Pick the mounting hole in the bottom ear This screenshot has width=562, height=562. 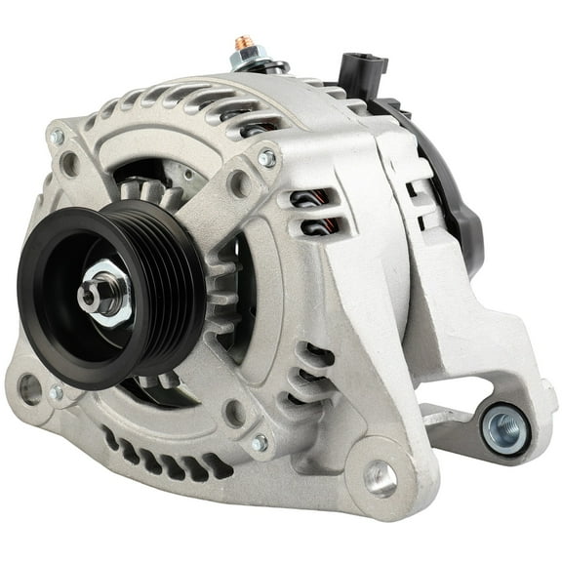380,478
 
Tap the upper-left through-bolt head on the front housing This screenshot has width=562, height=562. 58,138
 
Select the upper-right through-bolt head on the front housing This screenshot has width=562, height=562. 264,157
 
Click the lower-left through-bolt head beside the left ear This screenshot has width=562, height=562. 57,392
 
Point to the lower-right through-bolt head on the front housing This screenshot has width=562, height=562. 260,443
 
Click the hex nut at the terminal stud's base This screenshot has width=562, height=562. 245,60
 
